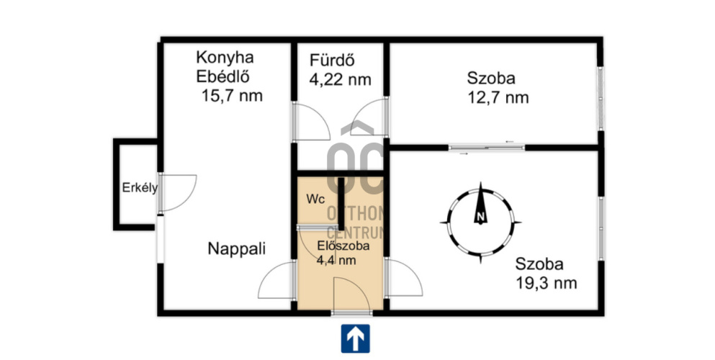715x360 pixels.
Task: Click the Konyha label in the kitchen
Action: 225,58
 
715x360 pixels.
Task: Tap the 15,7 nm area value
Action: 232,96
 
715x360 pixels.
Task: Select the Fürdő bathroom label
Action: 332,60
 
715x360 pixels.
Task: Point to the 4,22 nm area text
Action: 340,80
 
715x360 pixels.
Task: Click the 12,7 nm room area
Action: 498,97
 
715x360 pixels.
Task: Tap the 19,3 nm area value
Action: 547,283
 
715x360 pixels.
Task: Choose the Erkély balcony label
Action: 140,188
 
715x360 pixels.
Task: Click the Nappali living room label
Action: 237,249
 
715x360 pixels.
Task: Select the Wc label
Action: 315,199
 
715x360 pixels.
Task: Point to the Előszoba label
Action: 343,246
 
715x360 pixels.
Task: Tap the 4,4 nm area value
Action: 336,261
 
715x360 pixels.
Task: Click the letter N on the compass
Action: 480,217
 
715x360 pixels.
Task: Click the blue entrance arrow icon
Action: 355,338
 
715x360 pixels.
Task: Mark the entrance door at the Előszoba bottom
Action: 351,294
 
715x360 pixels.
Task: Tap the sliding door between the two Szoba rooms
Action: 487,147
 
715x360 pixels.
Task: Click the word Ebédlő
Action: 222,76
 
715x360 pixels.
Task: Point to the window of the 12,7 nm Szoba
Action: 601,98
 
